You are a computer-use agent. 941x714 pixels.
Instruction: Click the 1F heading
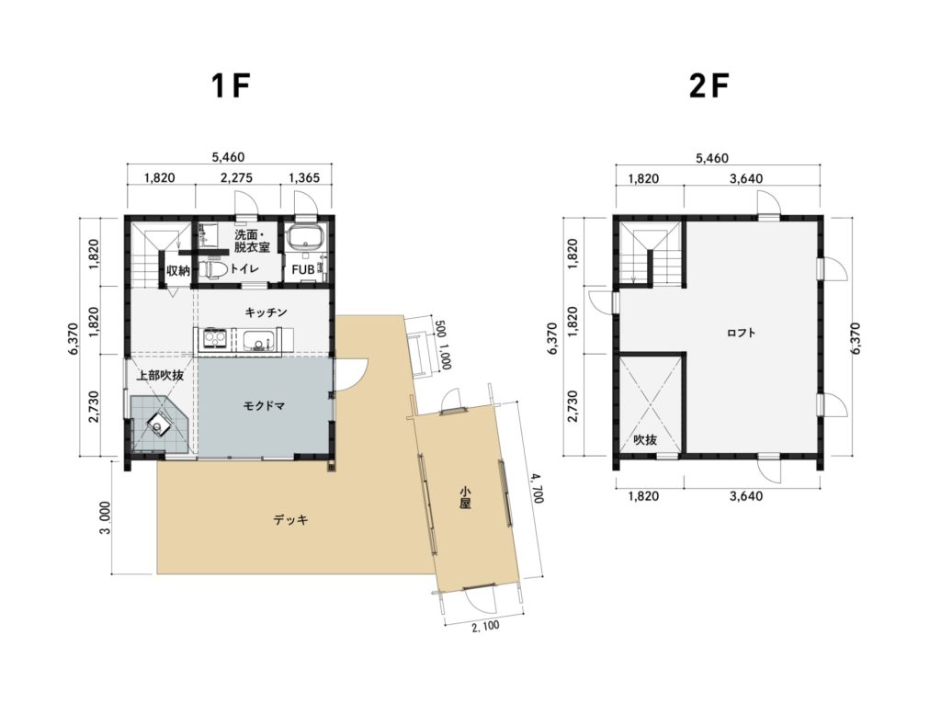tap(230, 86)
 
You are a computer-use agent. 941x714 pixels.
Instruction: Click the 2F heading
tap(709, 86)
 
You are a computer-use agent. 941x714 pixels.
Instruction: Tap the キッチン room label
tap(266, 312)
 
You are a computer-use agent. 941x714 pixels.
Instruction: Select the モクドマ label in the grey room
tap(264, 405)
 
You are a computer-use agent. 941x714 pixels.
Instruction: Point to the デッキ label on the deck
tap(291, 519)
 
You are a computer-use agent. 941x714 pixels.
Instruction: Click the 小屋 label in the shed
tap(465, 497)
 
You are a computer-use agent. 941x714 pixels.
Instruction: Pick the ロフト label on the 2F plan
tap(742, 333)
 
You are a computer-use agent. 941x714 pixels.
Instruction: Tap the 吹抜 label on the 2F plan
tap(646, 440)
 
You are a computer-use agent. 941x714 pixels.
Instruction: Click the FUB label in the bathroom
tap(303, 270)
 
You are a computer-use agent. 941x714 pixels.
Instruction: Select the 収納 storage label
tap(177, 270)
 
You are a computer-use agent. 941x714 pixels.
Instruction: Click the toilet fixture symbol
tap(212, 269)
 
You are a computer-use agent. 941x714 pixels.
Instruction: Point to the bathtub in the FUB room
tap(305, 239)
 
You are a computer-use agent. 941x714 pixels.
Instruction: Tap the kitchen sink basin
tap(258, 341)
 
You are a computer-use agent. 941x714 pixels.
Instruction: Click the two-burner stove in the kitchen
tap(212, 340)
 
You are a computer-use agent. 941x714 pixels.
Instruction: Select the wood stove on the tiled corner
tap(160, 424)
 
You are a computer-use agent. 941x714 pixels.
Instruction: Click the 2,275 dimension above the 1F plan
tap(236, 177)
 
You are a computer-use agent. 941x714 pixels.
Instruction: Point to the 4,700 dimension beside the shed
tap(536, 488)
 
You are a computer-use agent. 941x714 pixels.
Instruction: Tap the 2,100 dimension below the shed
tap(485, 627)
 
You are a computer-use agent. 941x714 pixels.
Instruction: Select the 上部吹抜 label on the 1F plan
tap(160, 376)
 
